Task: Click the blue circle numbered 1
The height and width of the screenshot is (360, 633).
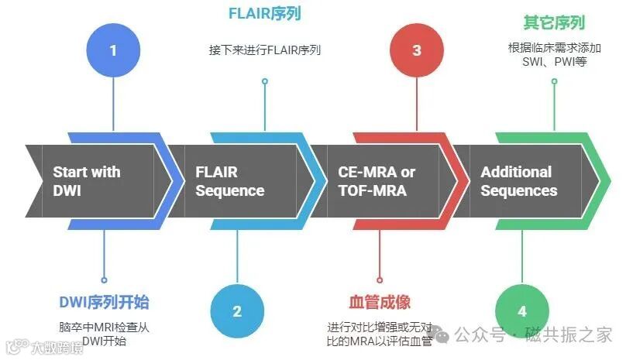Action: (113, 50)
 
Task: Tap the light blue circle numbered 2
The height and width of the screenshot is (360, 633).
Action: (237, 311)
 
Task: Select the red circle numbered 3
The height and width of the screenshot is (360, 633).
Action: (417, 50)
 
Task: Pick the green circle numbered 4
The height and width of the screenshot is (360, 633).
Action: (522, 311)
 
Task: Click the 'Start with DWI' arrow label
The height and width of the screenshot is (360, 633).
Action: (87, 181)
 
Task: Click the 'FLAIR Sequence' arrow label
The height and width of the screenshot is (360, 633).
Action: (229, 181)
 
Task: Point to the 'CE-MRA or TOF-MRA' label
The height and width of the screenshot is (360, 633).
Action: (377, 181)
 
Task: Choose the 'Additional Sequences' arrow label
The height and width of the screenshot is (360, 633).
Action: (518, 181)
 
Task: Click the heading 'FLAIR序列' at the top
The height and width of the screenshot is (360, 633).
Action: (264, 13)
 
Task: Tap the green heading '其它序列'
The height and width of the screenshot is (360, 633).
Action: (554, 22)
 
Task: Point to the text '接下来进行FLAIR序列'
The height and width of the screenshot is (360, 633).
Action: (264, 50)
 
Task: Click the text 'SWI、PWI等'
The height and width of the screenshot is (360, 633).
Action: (554, 61)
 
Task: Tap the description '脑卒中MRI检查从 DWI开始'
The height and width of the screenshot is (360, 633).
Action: (104, 334)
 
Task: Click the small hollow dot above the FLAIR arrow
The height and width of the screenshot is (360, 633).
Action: (265, 81)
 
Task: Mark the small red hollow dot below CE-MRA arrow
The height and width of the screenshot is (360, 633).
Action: (380, 279)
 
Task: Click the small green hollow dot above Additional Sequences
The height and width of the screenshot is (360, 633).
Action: (554, 81)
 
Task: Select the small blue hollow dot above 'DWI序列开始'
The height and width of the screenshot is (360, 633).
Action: (104, 279)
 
